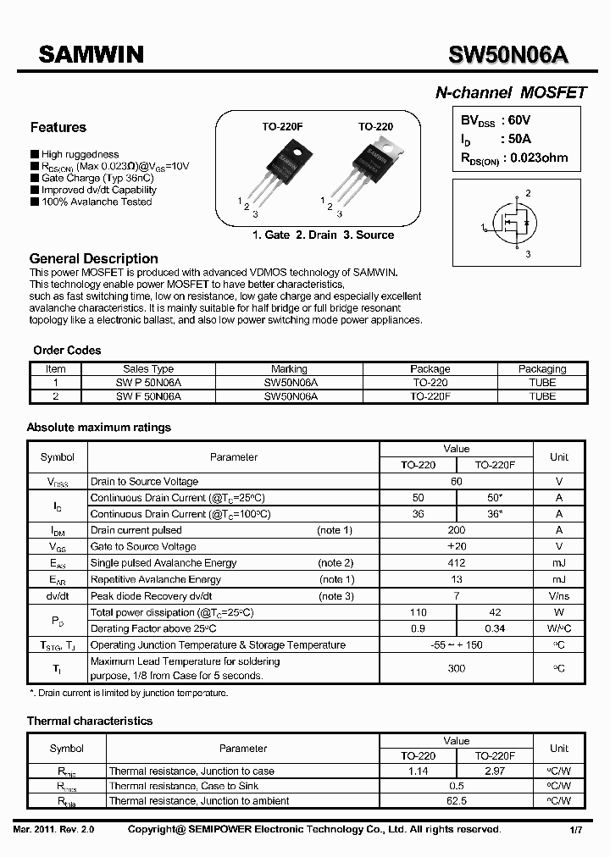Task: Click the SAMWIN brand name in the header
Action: point(91,55)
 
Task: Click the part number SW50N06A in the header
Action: point(508,55)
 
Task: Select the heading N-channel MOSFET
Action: point(510,93)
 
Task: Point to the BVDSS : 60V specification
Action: point(496,121)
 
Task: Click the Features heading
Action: point(58,128)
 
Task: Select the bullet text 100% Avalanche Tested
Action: point(97,202)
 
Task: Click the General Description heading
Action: point(93,258)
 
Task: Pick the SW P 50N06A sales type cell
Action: point(148,383)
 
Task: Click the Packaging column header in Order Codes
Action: point(542,369)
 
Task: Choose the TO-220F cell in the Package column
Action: point(430,396)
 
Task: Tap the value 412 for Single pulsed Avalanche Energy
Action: point(456,563)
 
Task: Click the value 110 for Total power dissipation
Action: point(418,612)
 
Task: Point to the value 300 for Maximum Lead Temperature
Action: point(456,669)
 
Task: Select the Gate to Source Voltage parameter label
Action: point(143,547)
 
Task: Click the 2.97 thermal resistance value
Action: point(494,771)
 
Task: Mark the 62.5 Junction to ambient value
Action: point(456,801)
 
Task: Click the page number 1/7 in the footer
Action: point(576,831)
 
